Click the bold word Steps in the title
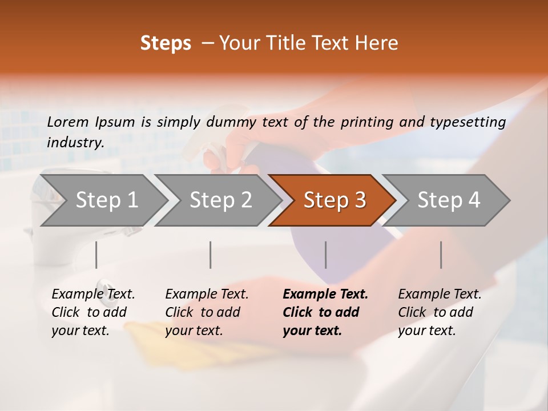pyautogui.click(x=166, y=43)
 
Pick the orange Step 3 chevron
pyautogui.click(x=335, y=200)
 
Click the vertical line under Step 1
pyautogui.click(x=96, y=255)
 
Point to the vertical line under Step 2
pyautogui.click(x=211, y=255)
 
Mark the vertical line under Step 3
pyautogui.click(x=326, y=255)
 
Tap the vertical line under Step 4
pyautogui.click(x=441, y=255)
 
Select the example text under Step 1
pyautogui.click(x=93, y=312)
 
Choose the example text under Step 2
pyautogui.click(x=207, y=312)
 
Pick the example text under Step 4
pyautogui.click(x=440, y=312)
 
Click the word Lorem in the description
pyautogui.click(x=68, y=122)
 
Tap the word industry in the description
pyautogui.click(x=75, y=143)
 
